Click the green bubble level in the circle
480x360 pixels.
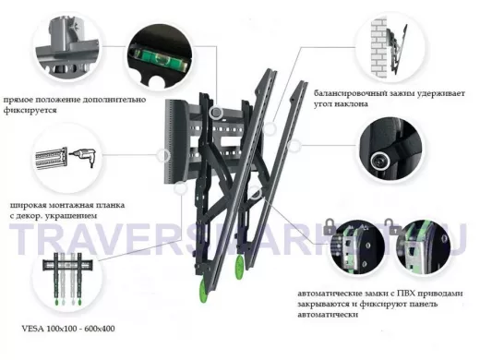pyautogui.click(x=160, y=58)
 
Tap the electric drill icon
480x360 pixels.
pyautogui.click(x=84, y=157)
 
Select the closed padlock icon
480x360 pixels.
pyautogui.click(x=330, y=227)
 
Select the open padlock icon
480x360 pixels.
pyautogui.click(x=394, y=227)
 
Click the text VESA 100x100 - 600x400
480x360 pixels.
pyautogui.click(x=68, y=329)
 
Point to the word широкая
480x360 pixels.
pyautogui.click(x=26, y=205)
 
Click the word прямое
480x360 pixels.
pyautogui.click(x=18, y=101)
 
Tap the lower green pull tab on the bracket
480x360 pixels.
pyautogui.click(x=203, y=290)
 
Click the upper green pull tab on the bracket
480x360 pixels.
pyautogui.click(x=239, y=267)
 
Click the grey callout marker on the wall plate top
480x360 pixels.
pyautogui.click(x=216, y=113)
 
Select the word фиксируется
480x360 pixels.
pyautogui.click(x=30, y=111)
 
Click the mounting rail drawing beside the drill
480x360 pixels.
pyautogui.click(x=52, y=160)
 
